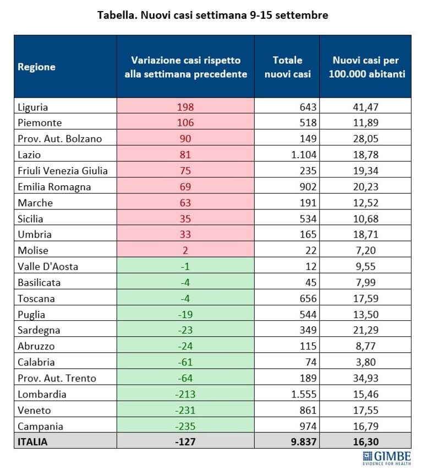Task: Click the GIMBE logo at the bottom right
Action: [x=387, y=458]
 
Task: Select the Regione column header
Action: [x=37, y=67]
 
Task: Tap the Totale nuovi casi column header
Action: [x=287, y=67]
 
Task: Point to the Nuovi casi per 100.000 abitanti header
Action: [x=366, y=67]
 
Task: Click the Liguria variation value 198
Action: [x=185, y=107]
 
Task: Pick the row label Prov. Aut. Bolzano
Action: [x=59, y=139]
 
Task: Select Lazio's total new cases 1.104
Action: [x=304, y=154]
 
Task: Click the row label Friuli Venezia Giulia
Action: [x=63, y=171]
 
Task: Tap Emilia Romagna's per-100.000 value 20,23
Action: [x=366, y=187]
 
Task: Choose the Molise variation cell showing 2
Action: [x=185, y=250]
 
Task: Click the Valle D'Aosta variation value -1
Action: [x=185, y=267]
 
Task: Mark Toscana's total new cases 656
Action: [x=308, y=298]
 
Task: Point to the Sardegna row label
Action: [x=39, y=330]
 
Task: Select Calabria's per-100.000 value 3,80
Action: [x=366, y=362]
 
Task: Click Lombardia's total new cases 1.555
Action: [x=304, y=394]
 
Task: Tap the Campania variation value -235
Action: [x=185, y=426]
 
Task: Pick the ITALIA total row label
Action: [x=32, y=442]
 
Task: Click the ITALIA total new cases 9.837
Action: [x=304, y=442]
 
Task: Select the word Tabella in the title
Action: [x=117, y=15]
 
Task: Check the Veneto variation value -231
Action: [x=185, y=410]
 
